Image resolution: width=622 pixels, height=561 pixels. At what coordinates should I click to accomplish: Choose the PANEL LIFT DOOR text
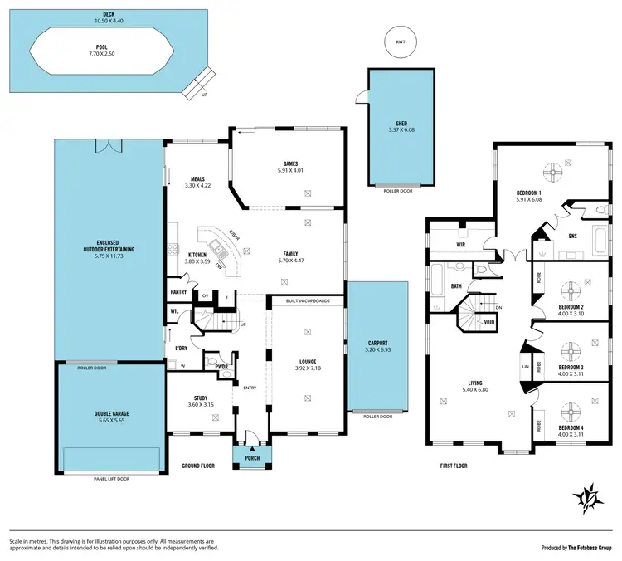(112, 479)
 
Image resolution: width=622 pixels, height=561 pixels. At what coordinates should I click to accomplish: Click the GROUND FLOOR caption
(198, 466)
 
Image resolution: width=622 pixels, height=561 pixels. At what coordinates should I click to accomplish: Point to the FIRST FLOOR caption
(454, 466)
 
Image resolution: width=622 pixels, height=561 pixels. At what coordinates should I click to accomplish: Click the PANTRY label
(178, 292)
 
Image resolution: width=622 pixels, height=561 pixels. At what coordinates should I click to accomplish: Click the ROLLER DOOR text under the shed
(400, 191)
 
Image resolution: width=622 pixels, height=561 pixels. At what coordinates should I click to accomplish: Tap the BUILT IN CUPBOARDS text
(308, 300)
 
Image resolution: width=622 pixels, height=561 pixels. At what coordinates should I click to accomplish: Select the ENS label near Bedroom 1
(572, 236)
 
